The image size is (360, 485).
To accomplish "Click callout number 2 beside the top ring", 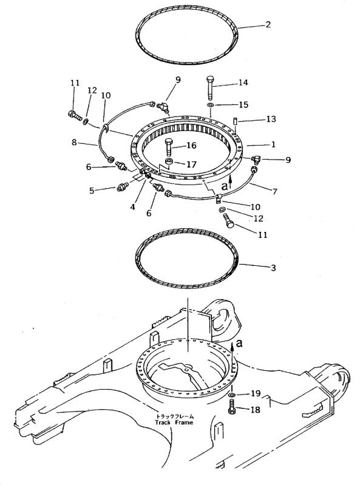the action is coord(268,24).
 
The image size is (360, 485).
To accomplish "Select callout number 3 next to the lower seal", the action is coord(273,268).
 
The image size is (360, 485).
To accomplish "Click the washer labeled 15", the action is coord(210,106).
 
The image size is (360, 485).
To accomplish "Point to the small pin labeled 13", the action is coord(235,121).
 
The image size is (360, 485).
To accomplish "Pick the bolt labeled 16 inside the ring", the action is coord(169,148).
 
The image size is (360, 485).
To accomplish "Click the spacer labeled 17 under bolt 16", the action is coord(169,161).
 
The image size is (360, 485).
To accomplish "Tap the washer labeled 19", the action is coord(231,395).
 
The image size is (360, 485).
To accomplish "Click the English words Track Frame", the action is coord(174,422).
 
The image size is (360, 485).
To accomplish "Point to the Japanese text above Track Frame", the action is coord(175,416).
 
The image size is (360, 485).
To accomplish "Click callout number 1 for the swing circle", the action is coord(273,144).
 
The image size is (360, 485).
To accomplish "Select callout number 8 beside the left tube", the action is coord(74,142).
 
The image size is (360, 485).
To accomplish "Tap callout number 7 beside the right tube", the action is coord(274,192).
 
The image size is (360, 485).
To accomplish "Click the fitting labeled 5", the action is coord(123,187).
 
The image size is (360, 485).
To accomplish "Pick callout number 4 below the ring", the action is coord(133,206).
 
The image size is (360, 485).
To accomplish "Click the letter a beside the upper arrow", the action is coord(225,186).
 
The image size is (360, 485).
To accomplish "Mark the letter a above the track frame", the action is coord(239,343).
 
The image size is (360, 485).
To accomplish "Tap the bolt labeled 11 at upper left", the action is coord(75,115).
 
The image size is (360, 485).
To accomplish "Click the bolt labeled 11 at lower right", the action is coord(230,221).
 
